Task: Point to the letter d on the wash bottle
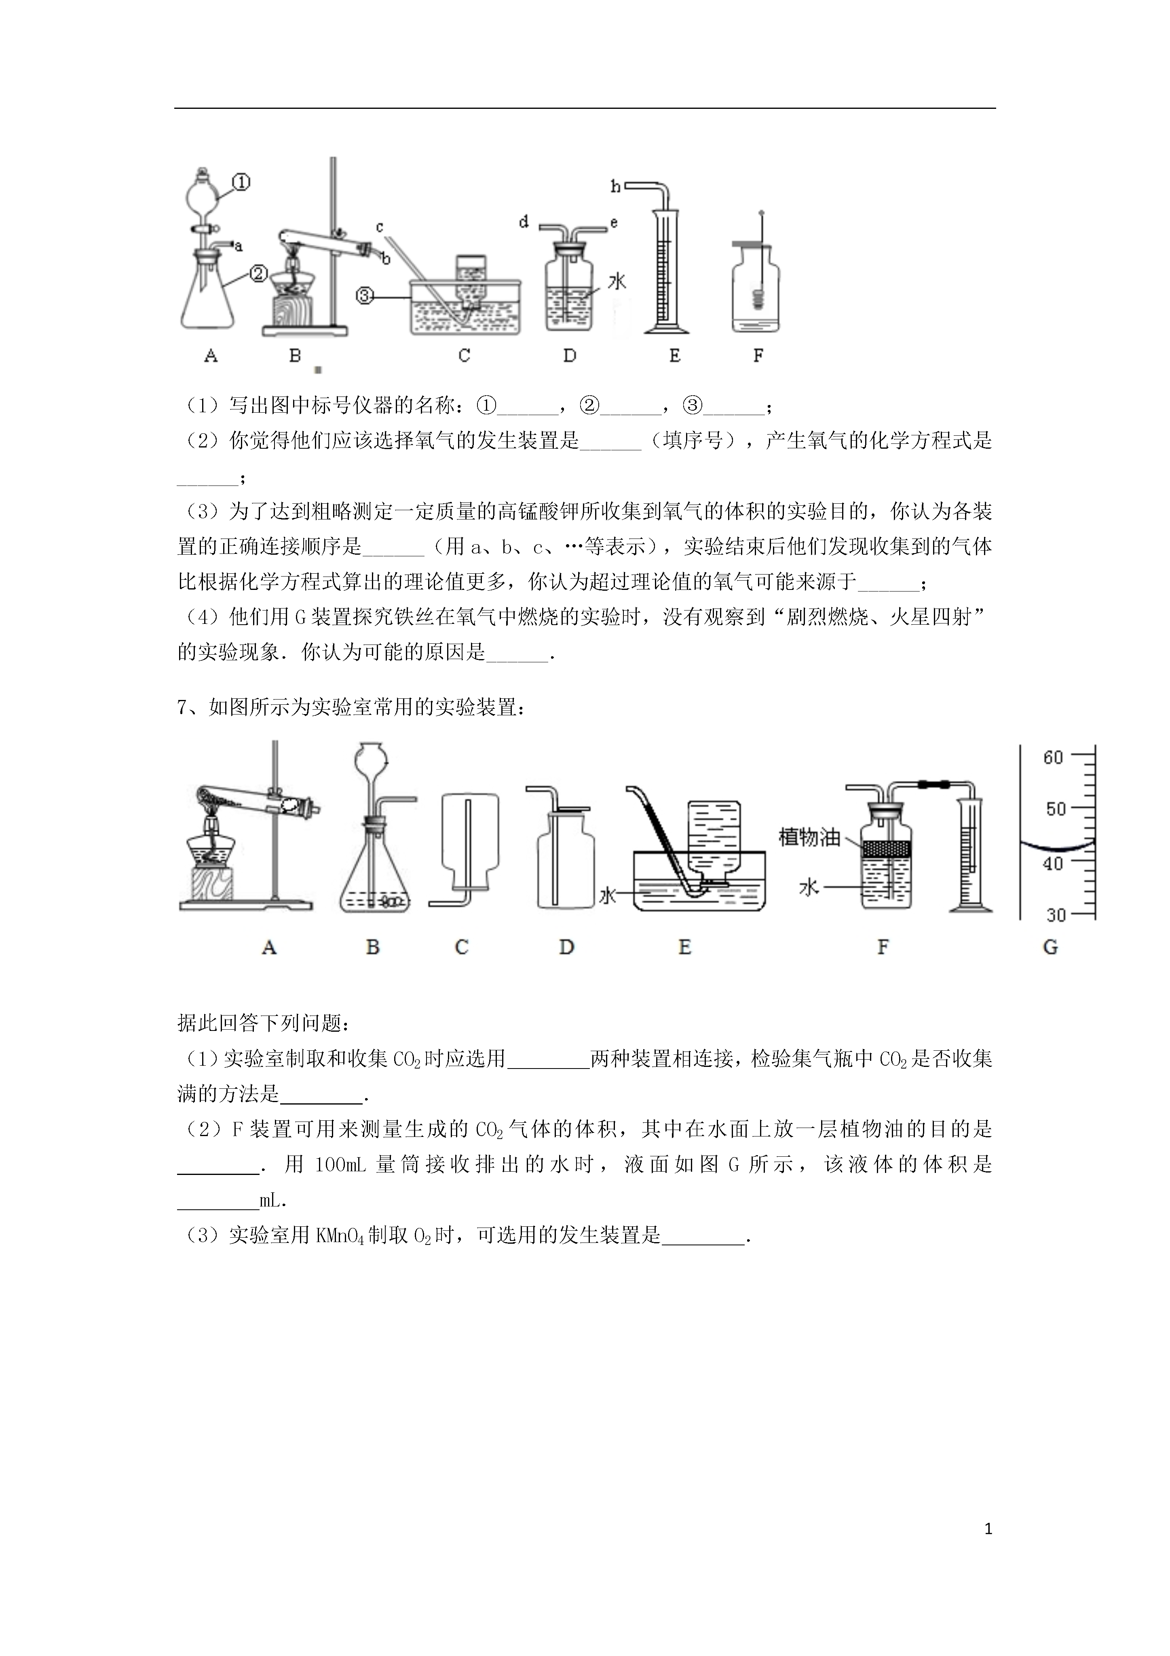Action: (x=524, y=222)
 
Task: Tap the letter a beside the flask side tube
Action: (x=239, y=247)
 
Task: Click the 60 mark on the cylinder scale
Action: (x=1053, y=757)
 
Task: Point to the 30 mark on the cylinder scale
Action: (x=1056, y=915)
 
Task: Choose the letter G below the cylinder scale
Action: (x=1050, y=947)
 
